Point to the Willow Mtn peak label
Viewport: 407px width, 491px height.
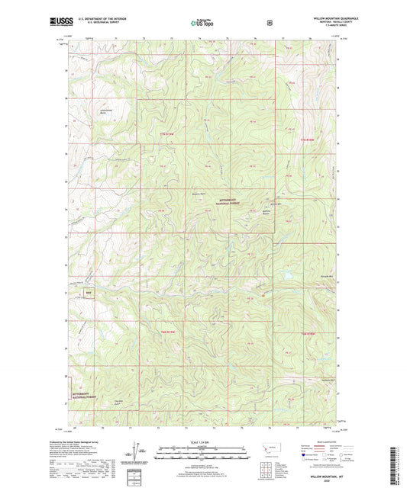276,205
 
